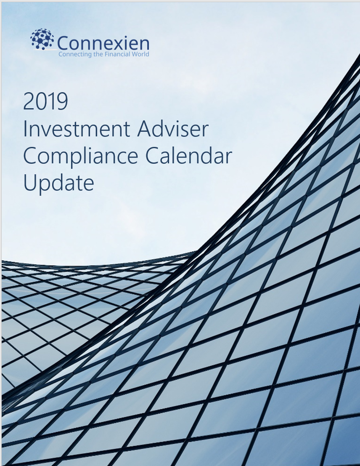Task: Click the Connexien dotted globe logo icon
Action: pyautogui.click(x=42, y=39)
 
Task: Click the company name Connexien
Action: pyautogui.click(x=103, y=43)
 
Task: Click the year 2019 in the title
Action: pyautogui.click(x=45, y=102)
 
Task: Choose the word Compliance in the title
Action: pyautogui.click(x=80, y=157)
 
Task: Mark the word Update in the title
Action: pyautogui.click(x=58, y=183)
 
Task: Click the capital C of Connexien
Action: pyautogui.click(x=63, y=43)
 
